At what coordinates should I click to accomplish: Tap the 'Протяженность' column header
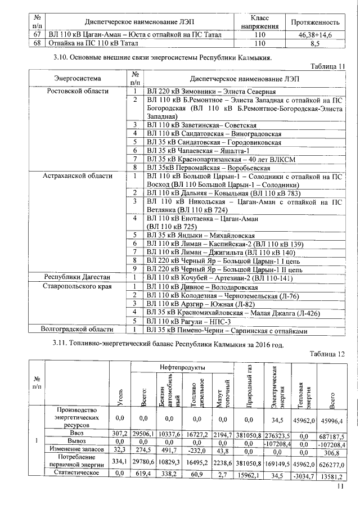[315, 22]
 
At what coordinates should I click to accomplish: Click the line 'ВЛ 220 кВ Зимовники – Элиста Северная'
[211, 91]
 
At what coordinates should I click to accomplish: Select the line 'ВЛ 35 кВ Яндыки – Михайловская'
[201, 235]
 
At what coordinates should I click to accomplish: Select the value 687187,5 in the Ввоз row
[331, 435]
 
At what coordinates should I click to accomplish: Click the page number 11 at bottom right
[340, 494]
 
